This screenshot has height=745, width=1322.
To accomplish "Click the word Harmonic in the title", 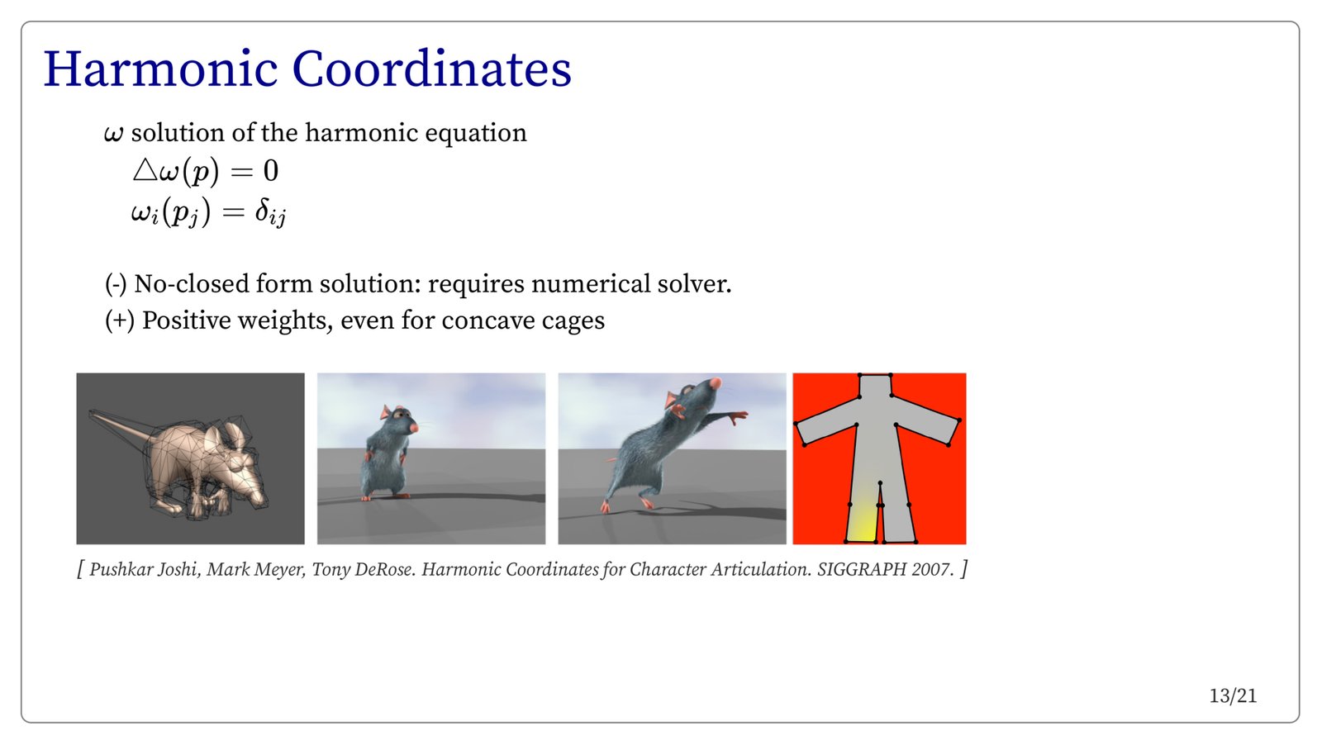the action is click(x=160, y=69).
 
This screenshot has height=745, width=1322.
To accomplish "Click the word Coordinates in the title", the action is click(x=432, y=69).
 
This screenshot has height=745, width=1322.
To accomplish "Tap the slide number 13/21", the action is click(x=1233, y=696).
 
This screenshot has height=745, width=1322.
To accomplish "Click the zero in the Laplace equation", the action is click(x=271, y=171).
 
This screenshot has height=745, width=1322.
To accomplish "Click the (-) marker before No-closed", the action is click(x=116, y=284).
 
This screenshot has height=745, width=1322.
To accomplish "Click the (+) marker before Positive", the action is click(x=120, y=321).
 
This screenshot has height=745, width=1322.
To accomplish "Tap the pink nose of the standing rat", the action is click(x=413, y=427).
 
